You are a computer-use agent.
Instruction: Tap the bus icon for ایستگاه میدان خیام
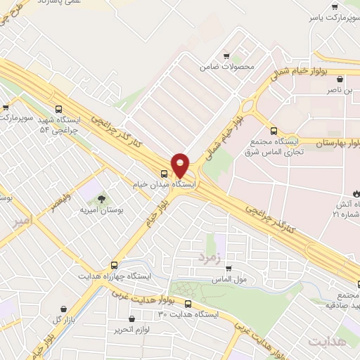(164, 173)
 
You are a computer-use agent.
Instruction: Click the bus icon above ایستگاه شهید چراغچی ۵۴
(59, 109)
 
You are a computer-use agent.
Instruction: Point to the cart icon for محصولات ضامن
(226, 56)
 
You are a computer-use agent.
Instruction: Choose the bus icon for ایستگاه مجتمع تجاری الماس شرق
(274, 130)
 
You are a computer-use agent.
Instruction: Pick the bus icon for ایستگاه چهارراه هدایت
(124, 267)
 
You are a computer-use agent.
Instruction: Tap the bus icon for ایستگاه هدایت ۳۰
(188, 304)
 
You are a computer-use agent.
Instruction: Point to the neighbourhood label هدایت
(327, 341)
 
